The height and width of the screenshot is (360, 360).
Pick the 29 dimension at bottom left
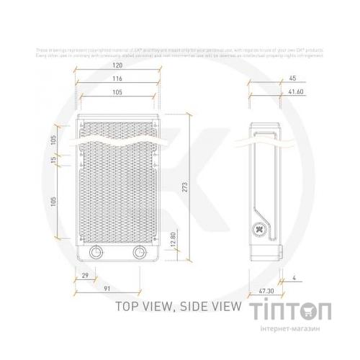86,276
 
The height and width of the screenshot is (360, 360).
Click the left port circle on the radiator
96,253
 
